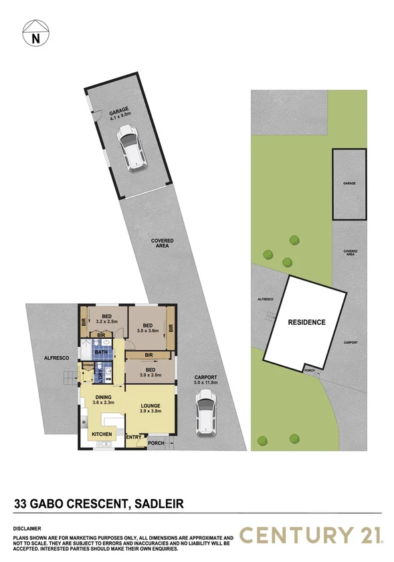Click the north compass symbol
(x=34, y=37)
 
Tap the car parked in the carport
(x=205, y=413)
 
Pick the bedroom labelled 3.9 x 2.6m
(x=149, y=372)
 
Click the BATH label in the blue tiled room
(x=102, y=352)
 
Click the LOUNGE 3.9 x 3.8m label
(x=151, y=408)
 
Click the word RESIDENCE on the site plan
(x=306, y=322)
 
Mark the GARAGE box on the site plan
(x=349, y=183)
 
